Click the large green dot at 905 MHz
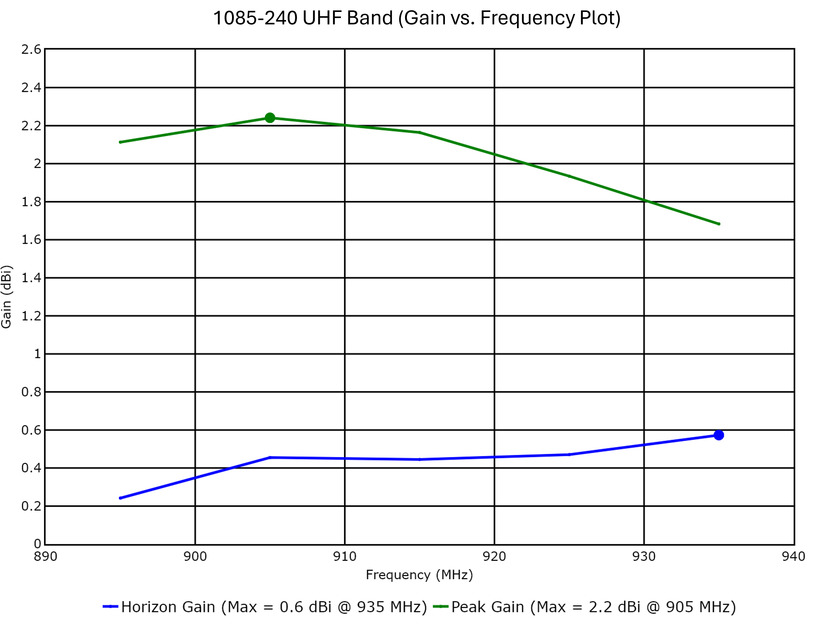coord(270,118)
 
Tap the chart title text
coord(416,18)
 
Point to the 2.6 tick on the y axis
coord(31,49)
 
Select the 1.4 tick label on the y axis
coord(31,278)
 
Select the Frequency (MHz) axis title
coord(419,575)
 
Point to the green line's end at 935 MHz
coord(719,224)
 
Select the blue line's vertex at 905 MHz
coord(270,458)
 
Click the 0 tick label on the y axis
coord(37,544)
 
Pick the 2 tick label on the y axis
coord(37,164)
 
